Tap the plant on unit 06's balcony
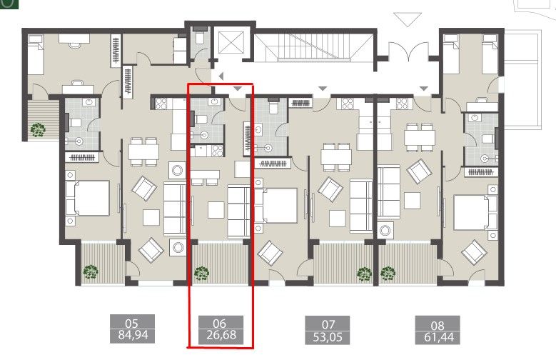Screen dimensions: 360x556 point(202,272)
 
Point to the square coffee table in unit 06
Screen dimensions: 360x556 point(216,210)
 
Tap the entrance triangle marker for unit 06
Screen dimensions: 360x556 point(238,88)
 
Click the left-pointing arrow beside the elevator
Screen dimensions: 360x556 point(221,76)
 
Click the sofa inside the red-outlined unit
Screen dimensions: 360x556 point(238,211)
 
